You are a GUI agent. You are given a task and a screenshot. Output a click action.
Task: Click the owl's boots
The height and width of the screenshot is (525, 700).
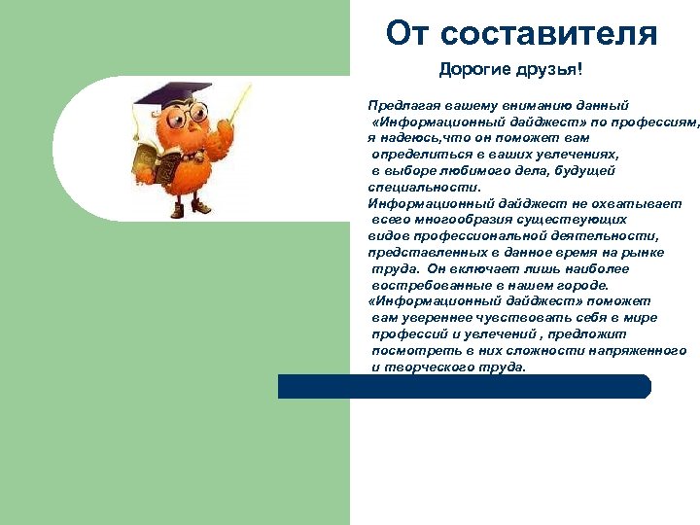[189, 207]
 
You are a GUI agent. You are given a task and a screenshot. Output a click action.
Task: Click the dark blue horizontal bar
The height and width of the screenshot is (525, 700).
[464, 386]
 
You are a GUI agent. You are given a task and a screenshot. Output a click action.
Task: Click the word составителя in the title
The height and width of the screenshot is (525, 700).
[549, 34]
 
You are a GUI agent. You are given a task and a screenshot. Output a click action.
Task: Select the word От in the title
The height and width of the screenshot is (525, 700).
[407, 34]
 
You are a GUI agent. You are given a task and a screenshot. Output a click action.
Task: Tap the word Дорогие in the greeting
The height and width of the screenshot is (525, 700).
[471, 70]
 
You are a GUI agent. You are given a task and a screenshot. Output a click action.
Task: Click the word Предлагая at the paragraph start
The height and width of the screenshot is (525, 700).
[401, 104]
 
